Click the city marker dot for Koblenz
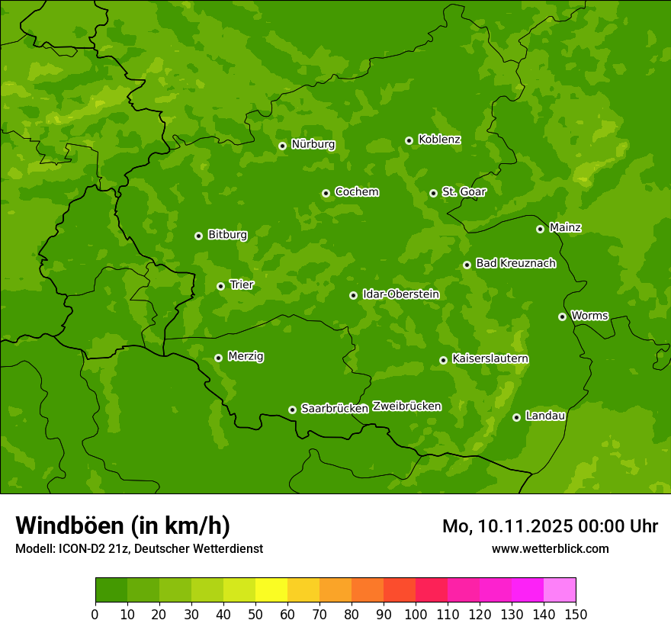pos(409,140)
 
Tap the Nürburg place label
pos(313,144)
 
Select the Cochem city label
pos(356,191)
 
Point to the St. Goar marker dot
pos(433,193)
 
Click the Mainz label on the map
pos(565,227)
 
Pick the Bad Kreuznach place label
pos(515,263)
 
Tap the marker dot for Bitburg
pos(198,236)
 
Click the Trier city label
pos(242,284)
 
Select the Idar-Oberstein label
pos(400,294)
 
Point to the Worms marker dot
pos(562,316)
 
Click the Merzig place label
pos(246,356)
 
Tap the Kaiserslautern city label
pos(490,358)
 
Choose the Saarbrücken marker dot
pos(292,410)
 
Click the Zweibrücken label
pos(406,406)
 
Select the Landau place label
pos(545,416)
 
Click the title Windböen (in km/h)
pos(122,525)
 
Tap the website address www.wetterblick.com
pos(550,548)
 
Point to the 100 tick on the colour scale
pos(416,614)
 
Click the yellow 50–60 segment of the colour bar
pos(271,590)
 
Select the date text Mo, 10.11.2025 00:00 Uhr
pos(550,526)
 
